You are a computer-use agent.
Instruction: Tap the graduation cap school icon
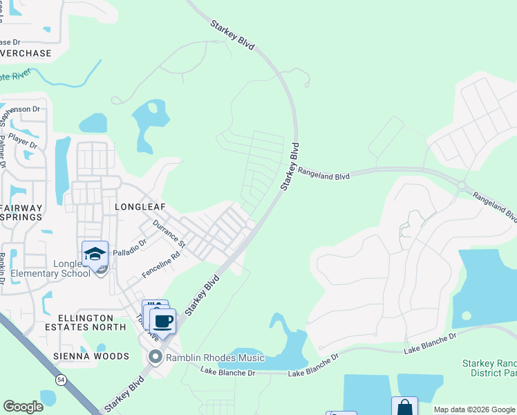coord(95,253)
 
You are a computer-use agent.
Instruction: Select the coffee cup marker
coord(163,321)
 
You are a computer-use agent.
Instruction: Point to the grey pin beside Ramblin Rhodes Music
coord(156,358)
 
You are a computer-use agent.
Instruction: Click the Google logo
coord(23,407)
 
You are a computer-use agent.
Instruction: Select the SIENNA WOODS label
coord(91,356)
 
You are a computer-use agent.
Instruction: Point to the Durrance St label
coord(169,233)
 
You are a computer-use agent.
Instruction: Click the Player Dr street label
coord(23,141)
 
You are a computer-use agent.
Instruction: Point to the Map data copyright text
coord(474,409)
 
